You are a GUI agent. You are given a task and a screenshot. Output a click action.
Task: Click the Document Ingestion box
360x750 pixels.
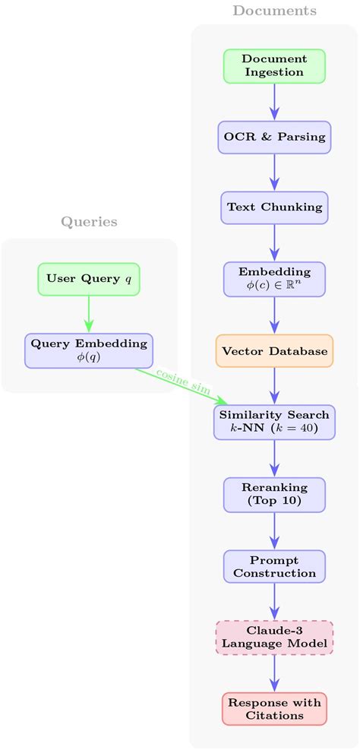click(x=274, y=66)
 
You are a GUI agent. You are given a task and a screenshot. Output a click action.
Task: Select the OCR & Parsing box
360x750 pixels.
click(x=274, y=138)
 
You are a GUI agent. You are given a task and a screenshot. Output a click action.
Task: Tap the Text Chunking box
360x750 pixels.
click(x=274, y=207)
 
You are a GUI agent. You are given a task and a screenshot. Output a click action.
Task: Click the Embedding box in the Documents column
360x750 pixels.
click(x=274, y=279)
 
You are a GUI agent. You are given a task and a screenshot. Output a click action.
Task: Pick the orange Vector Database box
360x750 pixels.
click(x=274, y=351)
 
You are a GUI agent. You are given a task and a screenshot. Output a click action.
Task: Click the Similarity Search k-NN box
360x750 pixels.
click(x=274, y=422)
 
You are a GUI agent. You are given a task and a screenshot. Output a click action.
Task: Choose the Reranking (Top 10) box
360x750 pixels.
click(x=274, y=494)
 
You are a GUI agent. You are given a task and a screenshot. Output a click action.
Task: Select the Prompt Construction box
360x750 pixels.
click(x=274, y=566)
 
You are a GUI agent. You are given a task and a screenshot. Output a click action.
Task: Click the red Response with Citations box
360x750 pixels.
click(x=274, y=709)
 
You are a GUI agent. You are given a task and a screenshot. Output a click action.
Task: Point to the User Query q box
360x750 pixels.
click(x=89, y=279)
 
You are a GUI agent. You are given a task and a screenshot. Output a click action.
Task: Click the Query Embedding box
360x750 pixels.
click(x=89, y=350)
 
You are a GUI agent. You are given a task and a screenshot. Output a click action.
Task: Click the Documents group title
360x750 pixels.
click(x=274, y=11)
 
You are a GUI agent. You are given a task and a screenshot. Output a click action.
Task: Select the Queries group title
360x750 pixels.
click(x=89, y=222)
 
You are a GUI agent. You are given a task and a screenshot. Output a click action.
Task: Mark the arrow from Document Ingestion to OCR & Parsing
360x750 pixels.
click(x=274, y=102)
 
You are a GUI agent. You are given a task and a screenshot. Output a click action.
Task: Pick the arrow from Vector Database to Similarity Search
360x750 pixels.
click(x=274, y=386)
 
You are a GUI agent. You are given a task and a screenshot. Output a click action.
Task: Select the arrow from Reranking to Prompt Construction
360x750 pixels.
click(x=274, y=530)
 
